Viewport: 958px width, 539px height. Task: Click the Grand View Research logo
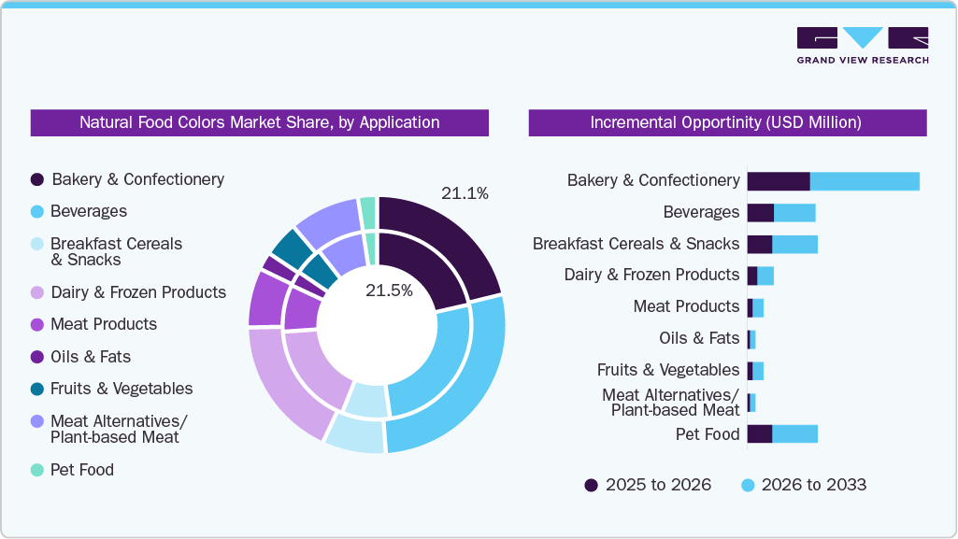[x=862, y=45]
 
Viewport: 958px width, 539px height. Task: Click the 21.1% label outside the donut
[x=465, y=193]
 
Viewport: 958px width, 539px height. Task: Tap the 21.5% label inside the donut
[x=389, y=291]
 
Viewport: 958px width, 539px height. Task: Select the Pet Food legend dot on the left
[x=37, y=470]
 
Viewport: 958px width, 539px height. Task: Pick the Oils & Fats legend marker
[x=37, y=357]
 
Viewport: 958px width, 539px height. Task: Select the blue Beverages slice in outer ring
[x=467, y=383]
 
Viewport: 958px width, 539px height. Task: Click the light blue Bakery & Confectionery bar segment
[x=865, y=180]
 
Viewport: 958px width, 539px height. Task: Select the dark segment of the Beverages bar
[x=760, y=213]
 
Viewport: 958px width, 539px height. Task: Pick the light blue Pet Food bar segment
[x=794, y=433]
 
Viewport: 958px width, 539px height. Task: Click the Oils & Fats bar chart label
[x=699, y=338]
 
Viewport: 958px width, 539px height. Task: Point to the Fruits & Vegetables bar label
[x=668, y=370]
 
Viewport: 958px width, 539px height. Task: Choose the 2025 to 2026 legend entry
[x=648, y=485]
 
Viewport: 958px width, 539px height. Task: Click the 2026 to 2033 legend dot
[x=748, y=485]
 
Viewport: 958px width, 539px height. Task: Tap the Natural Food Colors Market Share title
[x=259, y=122]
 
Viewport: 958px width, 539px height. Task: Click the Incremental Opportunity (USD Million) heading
[x=726, y=122]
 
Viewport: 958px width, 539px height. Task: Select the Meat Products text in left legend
[x=104, y=324]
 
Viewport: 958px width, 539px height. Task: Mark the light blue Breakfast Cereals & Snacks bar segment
[x=794, y=244]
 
